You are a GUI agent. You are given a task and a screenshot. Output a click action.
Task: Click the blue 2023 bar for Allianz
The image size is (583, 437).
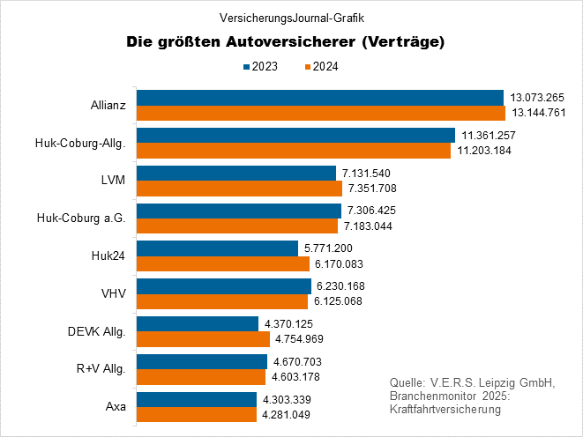coord(319,97)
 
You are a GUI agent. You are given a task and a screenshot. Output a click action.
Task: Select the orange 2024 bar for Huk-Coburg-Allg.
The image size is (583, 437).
coord(294,151)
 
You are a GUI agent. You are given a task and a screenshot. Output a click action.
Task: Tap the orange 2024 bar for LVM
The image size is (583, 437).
coord(239,189)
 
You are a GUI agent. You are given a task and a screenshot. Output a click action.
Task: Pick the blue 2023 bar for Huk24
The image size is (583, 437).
coord(217,248)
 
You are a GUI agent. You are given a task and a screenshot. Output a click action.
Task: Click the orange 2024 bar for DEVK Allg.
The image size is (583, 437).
coord(203,339)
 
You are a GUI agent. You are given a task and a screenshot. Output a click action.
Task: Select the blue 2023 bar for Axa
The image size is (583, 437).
coord(197,399)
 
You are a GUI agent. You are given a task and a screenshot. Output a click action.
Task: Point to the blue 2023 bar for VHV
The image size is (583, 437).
coord(224,286)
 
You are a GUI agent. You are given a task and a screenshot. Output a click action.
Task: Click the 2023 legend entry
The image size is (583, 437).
coord(262,66)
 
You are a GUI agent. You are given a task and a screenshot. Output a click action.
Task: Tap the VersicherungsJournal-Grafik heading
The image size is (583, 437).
coord(291,17)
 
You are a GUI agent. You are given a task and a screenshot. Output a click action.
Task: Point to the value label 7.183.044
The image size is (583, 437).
coord(367,226)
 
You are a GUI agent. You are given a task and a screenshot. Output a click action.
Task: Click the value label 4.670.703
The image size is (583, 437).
coord(297,361)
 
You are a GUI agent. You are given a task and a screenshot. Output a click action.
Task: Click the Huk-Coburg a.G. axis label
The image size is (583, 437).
coord(81,218)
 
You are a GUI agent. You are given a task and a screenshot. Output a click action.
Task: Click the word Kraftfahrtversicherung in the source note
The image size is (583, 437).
coord(445,411)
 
